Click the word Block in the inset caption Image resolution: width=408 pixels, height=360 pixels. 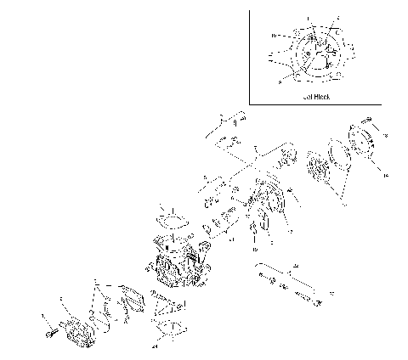coord(321,98)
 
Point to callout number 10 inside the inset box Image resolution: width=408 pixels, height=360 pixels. coord(273,37)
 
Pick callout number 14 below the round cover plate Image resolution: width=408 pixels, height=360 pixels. coord(384,173)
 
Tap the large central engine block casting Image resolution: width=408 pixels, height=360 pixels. coord(178,263)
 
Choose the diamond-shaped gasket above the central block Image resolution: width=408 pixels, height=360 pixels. coord(174,220)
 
